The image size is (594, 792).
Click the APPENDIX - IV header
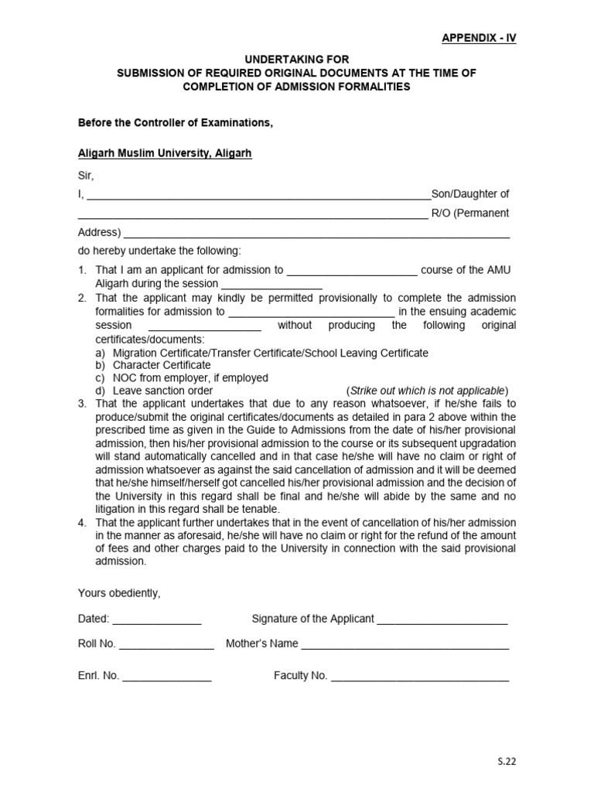coord(478,38)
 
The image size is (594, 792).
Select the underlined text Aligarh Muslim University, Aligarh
coord(165,154)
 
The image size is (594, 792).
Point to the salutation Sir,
coord(86,176)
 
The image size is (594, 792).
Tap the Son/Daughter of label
coord(469,194)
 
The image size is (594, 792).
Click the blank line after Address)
coord(316,233)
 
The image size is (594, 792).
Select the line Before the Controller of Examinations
coord(176,122)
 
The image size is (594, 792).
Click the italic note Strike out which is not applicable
coord(428,391)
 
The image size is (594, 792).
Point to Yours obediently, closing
coord(119,593)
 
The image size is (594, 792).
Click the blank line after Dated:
coord(157,620)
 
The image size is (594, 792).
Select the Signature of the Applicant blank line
coord(442,620)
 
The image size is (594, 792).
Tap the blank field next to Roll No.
coord(166,645)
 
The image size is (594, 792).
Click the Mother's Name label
coord(261,643)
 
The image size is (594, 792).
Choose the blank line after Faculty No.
coord(419,677)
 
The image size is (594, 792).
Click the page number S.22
coord(506,761)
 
